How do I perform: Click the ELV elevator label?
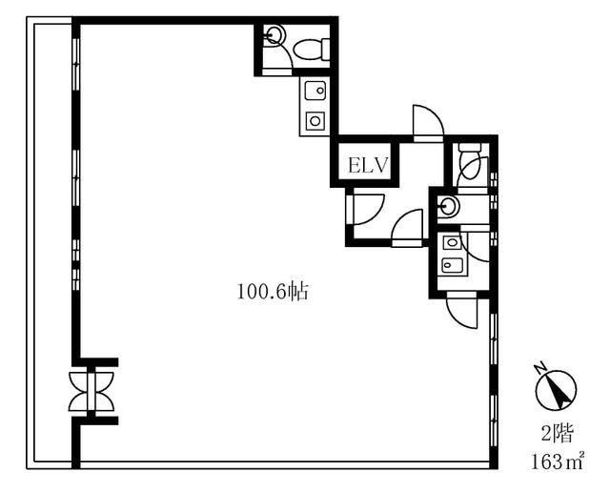pos(368,165)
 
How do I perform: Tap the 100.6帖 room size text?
pos(274,292)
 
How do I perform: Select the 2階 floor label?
pos(557,434)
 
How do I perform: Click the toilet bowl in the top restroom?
pos(312,49)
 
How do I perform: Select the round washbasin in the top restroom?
pos(275,35)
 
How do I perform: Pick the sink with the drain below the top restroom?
pos(315,91)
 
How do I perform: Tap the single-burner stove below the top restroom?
pos(315,121)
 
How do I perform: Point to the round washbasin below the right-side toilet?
pos(449,205)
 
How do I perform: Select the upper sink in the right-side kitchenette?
pos(452,242)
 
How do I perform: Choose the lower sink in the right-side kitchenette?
pos(452,265)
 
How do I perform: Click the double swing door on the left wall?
pos(91,391)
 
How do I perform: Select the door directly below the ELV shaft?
pos(365,210)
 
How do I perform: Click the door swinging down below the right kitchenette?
pos(461,311)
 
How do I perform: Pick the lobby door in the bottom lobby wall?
pos(407,228)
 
